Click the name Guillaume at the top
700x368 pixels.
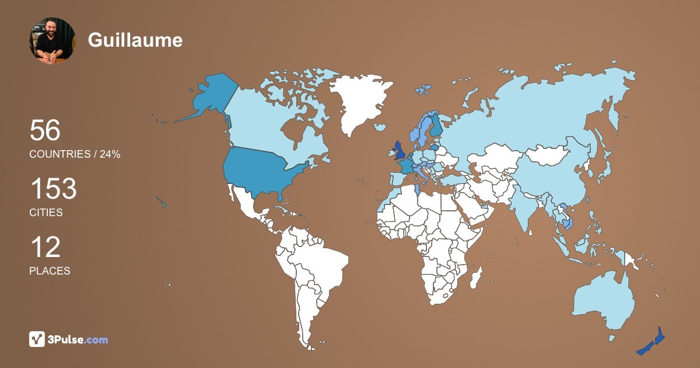135,40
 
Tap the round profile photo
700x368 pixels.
52,40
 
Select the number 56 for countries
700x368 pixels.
45,130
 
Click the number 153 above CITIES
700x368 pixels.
53,189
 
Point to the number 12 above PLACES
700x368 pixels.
45,247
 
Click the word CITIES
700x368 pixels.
46,213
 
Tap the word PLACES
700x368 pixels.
50,271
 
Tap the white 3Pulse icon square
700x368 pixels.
37,339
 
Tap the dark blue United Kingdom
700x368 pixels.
400,151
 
